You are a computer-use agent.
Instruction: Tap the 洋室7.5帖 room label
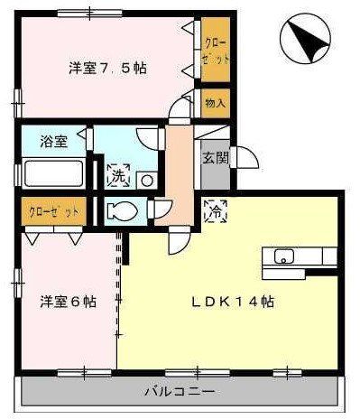[108, 67]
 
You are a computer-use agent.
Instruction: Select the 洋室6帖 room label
[67, 302]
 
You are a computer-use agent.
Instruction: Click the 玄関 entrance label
[214, 160]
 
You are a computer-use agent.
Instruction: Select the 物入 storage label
[215, 102]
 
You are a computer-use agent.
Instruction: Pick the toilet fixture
[118, 212]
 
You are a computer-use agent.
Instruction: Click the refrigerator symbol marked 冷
[215, 209]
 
